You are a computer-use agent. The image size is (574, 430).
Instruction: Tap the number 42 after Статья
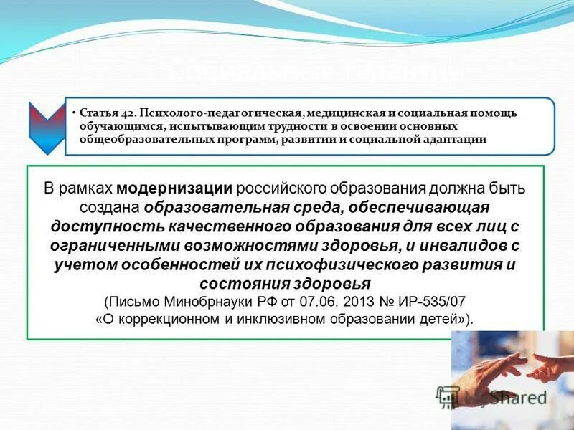click(125, 113)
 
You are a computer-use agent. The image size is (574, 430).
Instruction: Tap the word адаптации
click(456, 139)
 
